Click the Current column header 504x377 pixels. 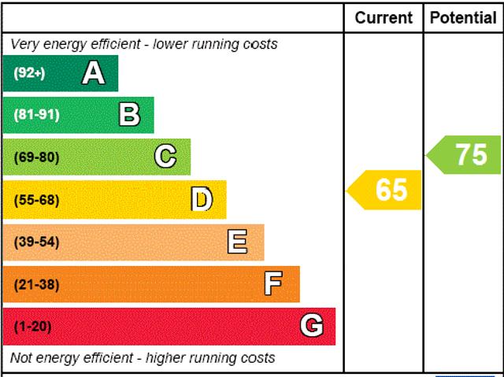pyautogui.click(x=384, y=17)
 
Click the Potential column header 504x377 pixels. pyautogui.click(x=463, y=17)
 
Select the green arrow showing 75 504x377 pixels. pyautogui.click(x=466, y=154)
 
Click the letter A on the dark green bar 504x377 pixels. pyautogui.click(x=94, y=73)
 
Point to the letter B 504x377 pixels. pyautogui.click(x=129, y=115)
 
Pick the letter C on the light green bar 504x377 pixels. pyautogui.click(x=165, y=157)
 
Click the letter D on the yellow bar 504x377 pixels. pyautogui.click(x=202, y=200)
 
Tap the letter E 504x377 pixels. pyautogui.click(x=237, y=242)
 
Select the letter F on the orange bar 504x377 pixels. pyautogui.click(x=273, y=283)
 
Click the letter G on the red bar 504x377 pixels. pyautogui.click(x=312, y=326)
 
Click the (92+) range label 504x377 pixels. pyautogui.click(x=30, y=73)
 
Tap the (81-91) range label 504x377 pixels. pyautogui.click(x=36, y=115)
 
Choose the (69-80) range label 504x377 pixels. pyautogui.click(x=36, y=157)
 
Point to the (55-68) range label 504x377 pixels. pyautogui.click(x=36, y=200)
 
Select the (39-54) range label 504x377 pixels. pyautogui.click(x=36, y=242)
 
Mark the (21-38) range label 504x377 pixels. pyautogui.click(x=36, y=284)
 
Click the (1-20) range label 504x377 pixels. pyautogui.click(x=32, y=326)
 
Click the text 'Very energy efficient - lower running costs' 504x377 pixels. pyautogui.click(x=144, y=44)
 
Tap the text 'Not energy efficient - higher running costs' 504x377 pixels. pyautogui.click(x=143, y=358)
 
